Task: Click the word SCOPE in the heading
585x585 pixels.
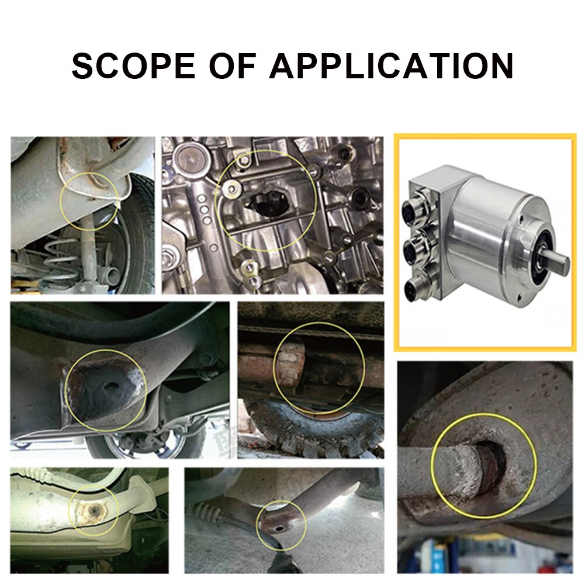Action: tap(133, 65)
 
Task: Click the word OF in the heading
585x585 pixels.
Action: tap(232, 65)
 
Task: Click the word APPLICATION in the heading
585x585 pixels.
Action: tap(391, 65)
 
